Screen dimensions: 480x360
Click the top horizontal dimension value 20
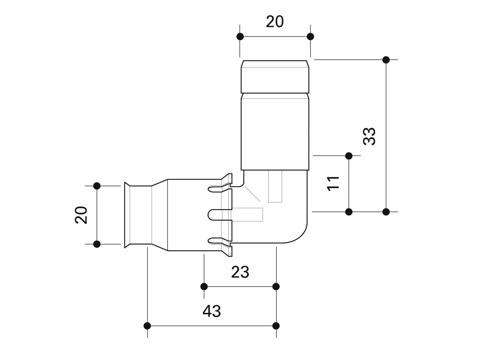(x=275, y=22)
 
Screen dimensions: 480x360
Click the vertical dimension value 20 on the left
(x=81, y=215)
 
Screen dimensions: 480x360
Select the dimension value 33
(x=369, y=136)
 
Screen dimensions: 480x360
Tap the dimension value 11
(x=334, y=183)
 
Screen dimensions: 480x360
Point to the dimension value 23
(x=240, y=272)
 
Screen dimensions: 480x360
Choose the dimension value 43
(x=211, y=311)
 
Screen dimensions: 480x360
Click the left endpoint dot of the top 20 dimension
(x=240, y=37)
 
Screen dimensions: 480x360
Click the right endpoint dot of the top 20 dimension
(x=311, y=37)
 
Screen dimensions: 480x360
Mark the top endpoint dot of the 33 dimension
(x=386, y=60)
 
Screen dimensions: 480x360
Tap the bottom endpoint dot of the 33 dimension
(x=386, y=212)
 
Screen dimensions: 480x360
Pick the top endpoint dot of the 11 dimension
(x=349, y=156)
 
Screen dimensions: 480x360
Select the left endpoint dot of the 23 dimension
(x=204, y=286)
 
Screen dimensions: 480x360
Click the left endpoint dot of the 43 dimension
(x=147, y=326)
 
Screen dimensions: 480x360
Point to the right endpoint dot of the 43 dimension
(x=276, y=326)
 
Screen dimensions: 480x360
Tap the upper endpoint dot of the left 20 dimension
(x=97, y=186)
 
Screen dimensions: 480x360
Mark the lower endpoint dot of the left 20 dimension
(x=97, y=244)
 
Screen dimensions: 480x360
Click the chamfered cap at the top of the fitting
(x=275, y=76)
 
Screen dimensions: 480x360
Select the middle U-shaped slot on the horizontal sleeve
(x=220, y=214)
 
